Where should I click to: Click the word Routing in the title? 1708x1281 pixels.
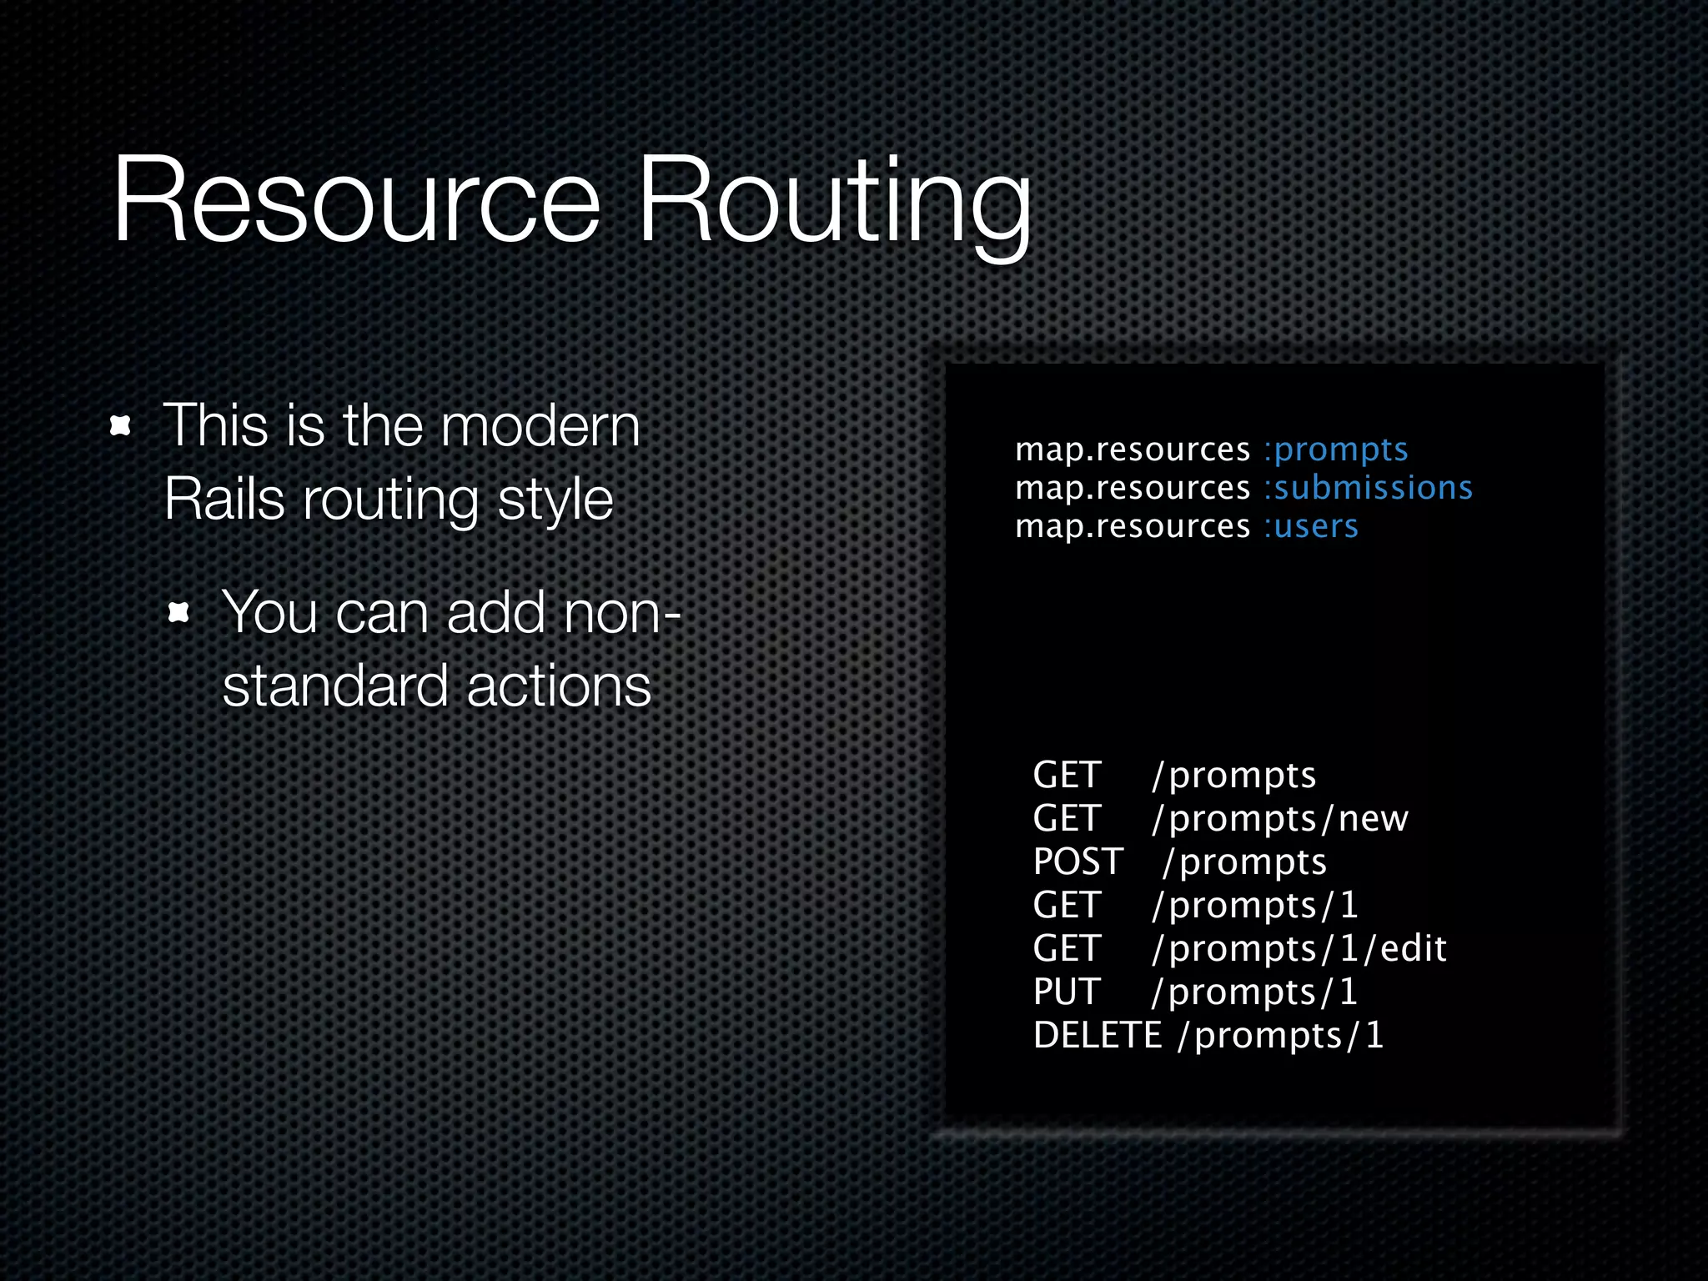tap(834, 204)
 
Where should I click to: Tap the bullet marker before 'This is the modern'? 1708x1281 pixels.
tap(121, 427)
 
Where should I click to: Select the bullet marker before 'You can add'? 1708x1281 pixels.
tap(178, 614)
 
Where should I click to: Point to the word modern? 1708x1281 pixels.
tap(540, 425)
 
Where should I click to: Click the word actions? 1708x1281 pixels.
tap(558, 686)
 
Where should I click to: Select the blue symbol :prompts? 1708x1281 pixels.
tap(1336, 450)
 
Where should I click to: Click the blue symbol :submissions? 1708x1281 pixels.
tap(1368, 488)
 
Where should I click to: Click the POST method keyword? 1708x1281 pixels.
tap(1078, 862)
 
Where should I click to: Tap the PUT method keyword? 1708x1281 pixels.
tap(1067, 992)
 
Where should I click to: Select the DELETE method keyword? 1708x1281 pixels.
tap(1097, 1035)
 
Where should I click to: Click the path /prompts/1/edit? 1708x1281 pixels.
tap(1299, 949)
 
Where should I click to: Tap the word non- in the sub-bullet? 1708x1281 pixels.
tap(622, 613)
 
